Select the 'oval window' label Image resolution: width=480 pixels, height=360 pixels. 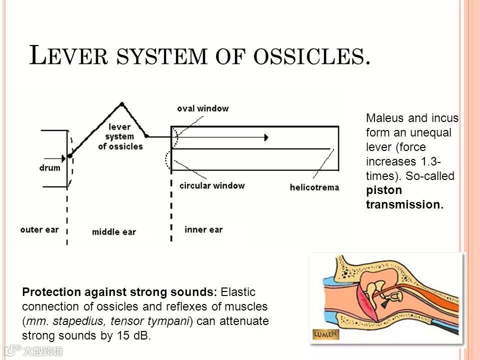pos(202,108)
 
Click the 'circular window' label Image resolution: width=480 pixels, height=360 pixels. pos(212,185)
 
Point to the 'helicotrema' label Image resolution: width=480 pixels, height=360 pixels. pos(314,188)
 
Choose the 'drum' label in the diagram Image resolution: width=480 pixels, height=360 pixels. pos(49,168)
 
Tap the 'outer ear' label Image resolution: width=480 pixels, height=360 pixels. pos(39,229)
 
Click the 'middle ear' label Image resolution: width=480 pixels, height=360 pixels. pos(114,231)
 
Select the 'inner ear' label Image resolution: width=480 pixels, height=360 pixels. pos(203,229)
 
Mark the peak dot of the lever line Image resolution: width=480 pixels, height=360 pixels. pos(121,104)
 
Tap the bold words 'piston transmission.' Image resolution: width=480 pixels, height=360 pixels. pos(404,197)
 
